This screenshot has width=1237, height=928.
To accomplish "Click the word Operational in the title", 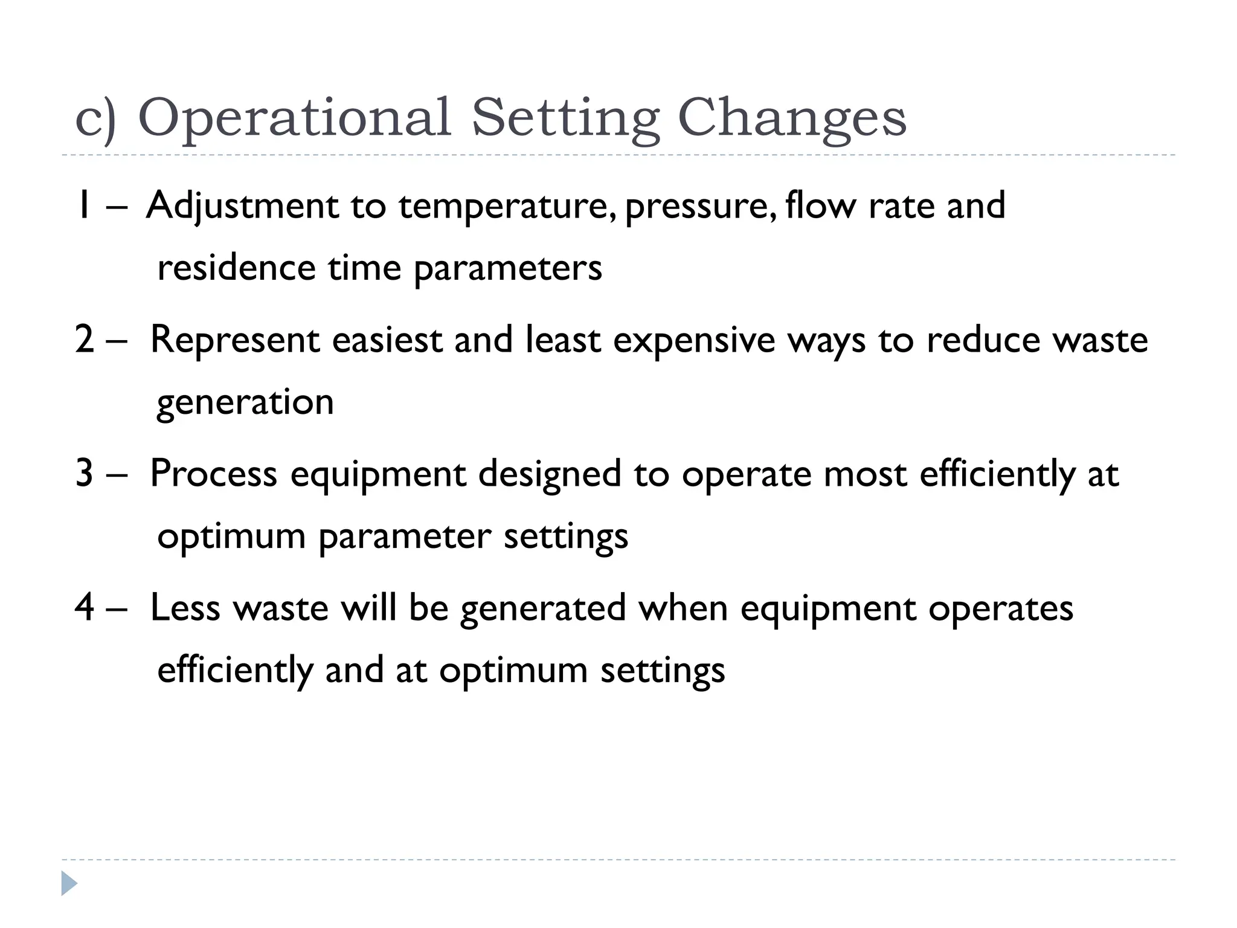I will coord(295,118).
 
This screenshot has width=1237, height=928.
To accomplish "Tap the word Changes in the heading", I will coord(792,118).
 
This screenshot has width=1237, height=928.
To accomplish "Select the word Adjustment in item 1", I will coord(242,207).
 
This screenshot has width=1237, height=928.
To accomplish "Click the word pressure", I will coord(700,207).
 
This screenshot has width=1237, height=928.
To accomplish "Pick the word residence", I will coord(236,268).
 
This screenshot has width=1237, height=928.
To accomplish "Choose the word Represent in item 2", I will coord(235,340).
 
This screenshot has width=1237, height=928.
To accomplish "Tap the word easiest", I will coord(387,340).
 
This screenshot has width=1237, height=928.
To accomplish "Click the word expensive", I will coord(693,340).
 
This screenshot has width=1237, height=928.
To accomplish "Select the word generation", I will coord(245,403).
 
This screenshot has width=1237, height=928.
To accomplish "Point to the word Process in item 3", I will coord(213,474).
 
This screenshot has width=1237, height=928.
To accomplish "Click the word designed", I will coord(550,474).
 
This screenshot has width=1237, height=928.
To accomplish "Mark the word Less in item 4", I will coord(185,608).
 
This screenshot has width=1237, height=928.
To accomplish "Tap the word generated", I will coord(543,608).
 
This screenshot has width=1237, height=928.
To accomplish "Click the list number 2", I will coord(85,340).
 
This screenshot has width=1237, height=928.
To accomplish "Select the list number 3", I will coord(85,474).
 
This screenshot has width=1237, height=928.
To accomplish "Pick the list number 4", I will coord(85,608).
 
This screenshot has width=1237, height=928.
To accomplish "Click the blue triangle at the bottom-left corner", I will coord(69,883).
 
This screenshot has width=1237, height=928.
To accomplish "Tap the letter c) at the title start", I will coord(95,120).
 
